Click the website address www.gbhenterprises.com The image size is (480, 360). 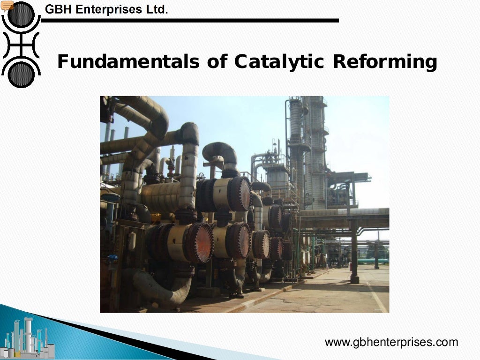coord(391,342)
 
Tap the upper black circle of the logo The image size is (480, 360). coord(21,15)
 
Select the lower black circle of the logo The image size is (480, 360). coord(21,74)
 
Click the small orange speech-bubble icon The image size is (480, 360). coord(7,5)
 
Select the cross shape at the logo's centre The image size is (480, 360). coord(21,45)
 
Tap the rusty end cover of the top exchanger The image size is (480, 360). coord(240,193)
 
